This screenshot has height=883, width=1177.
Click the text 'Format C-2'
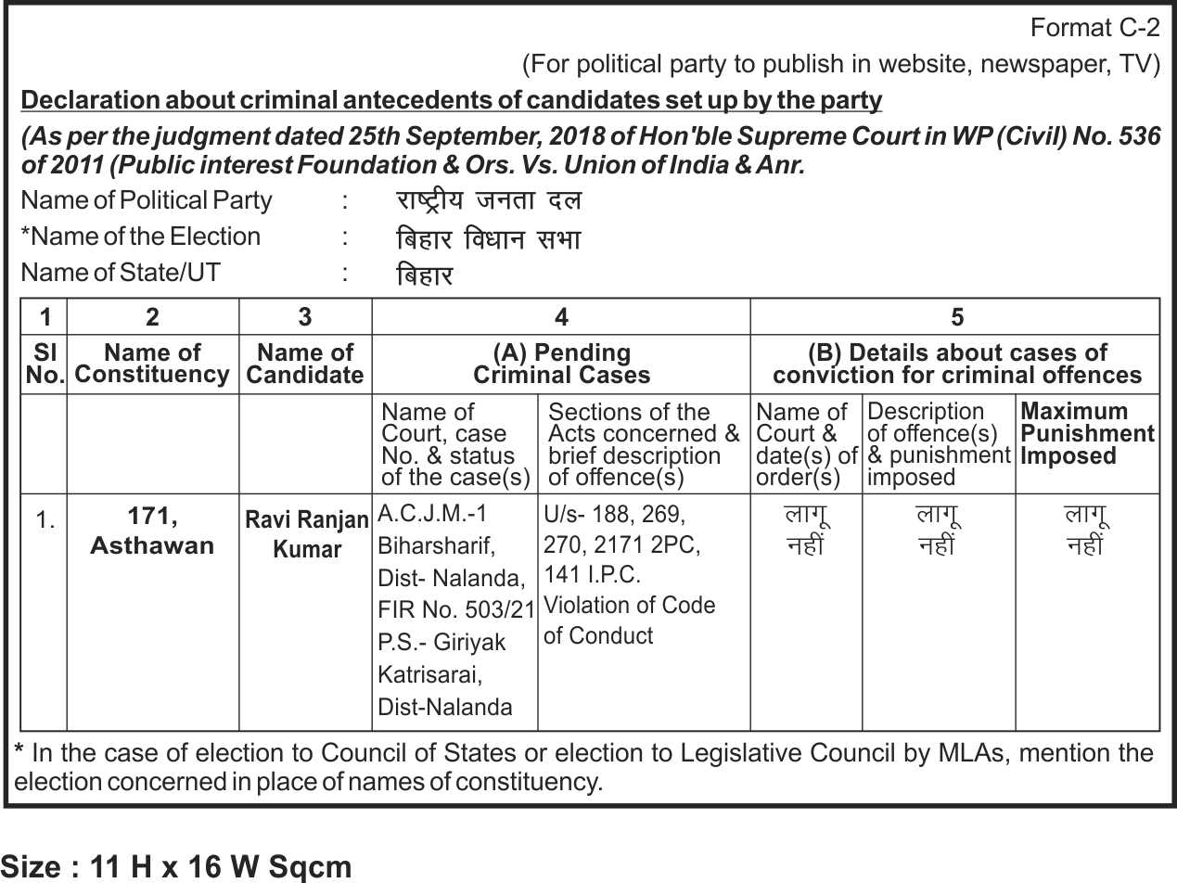click(1094, 28)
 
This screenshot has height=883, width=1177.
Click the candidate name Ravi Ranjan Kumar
click(307, 534)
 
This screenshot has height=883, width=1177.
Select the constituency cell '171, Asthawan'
click(152, 531)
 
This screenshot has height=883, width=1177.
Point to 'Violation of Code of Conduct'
click(629, 621)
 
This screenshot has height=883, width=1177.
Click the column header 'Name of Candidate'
click(305, 364)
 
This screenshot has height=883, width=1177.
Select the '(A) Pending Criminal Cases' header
click(561, 364)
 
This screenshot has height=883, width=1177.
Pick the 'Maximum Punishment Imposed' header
click(1087, 433)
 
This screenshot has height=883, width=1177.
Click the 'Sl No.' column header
click(44, 364)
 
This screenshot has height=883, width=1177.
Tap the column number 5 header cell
click(956, 317)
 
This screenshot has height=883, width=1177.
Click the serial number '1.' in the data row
click(45, 520)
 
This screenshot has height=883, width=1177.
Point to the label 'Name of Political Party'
click(147, 200)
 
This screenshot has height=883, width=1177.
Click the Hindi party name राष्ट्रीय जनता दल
click(488, 201)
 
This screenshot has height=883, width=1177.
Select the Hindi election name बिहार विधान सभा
click(488, 239)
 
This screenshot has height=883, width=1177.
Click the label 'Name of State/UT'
click(121, 273)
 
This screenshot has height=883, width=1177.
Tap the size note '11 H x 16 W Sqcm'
click(221, 866)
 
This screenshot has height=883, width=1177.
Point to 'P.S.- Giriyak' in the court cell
click(441, 642)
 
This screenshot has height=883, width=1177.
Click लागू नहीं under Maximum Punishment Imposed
click(1086, 531)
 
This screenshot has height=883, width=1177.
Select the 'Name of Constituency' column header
click(152, 364)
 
